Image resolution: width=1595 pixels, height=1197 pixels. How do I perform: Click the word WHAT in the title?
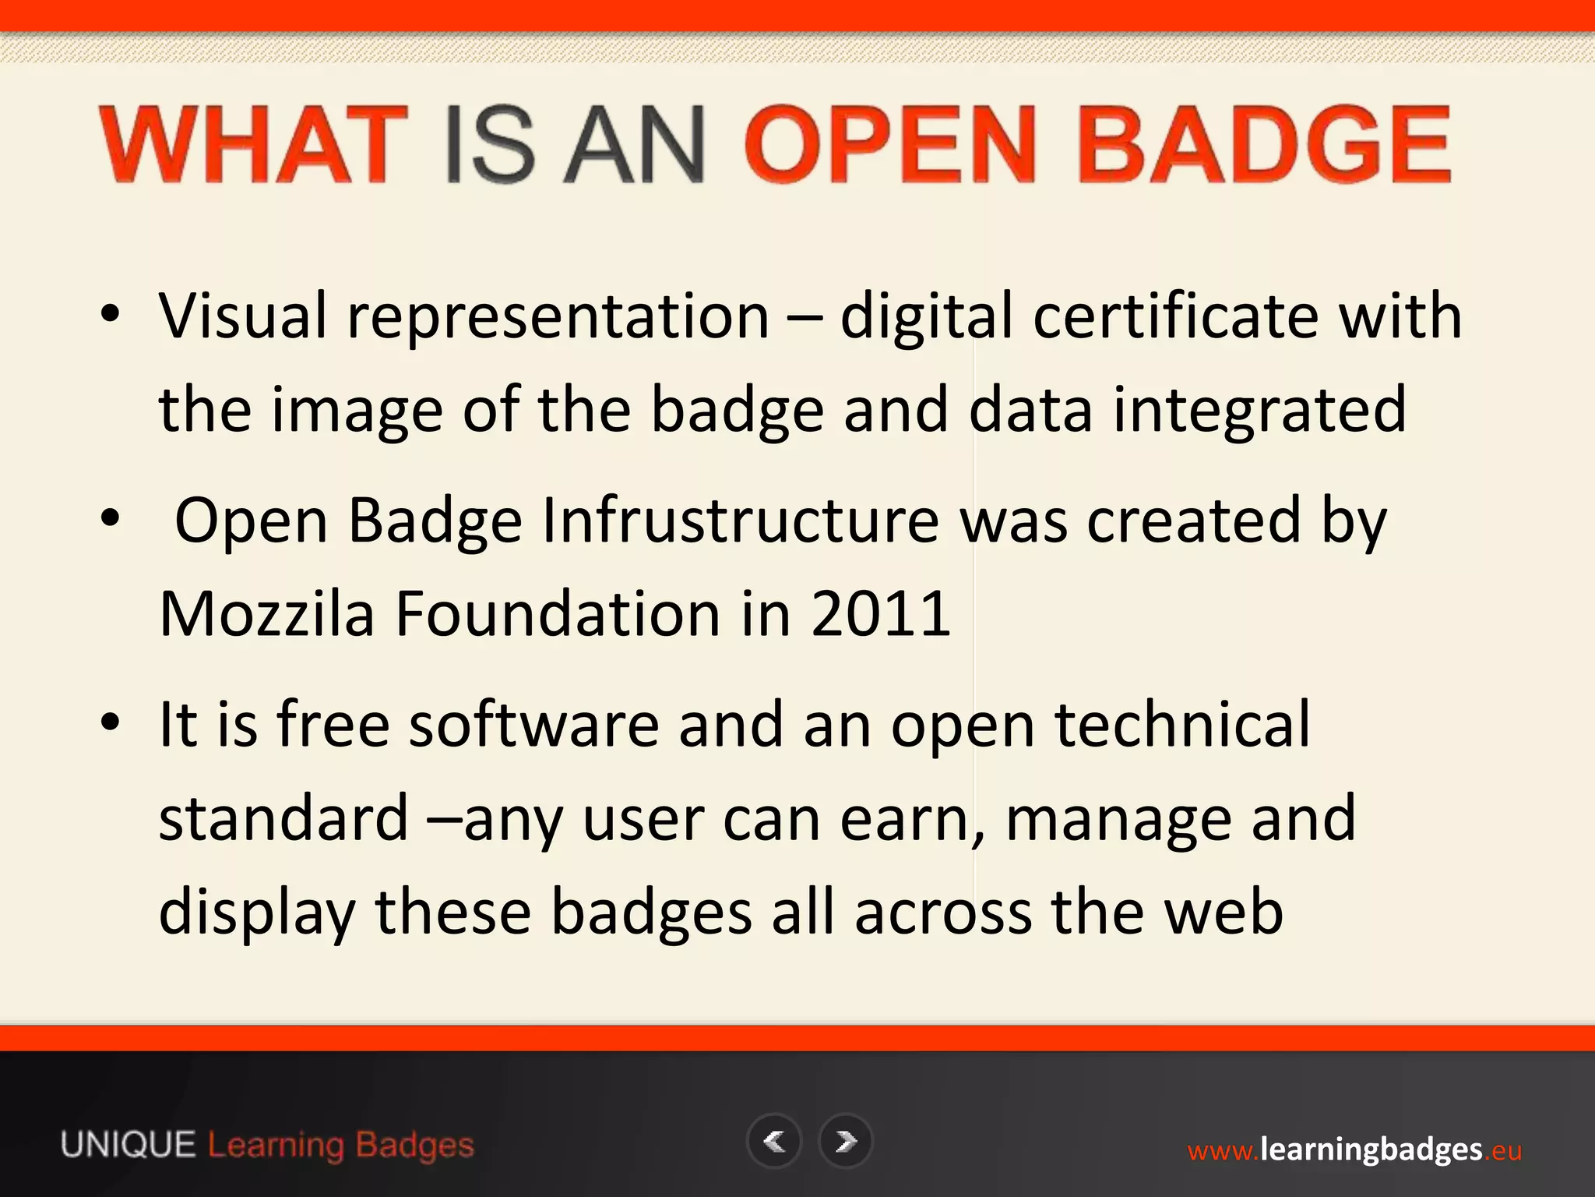253,145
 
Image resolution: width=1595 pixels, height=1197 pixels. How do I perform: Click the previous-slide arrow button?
774,1142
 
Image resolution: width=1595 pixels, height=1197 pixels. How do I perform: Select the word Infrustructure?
741,520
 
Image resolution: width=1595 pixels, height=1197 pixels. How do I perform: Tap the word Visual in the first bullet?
243,316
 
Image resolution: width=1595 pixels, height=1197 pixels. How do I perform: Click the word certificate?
1176,316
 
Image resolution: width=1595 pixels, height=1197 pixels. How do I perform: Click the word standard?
283,818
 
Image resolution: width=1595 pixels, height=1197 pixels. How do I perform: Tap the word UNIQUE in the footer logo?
129,1146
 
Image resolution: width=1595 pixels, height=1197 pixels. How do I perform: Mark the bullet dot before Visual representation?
111,314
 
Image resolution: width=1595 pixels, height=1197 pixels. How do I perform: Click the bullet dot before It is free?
111,722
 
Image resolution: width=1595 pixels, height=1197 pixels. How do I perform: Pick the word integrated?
1259,410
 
